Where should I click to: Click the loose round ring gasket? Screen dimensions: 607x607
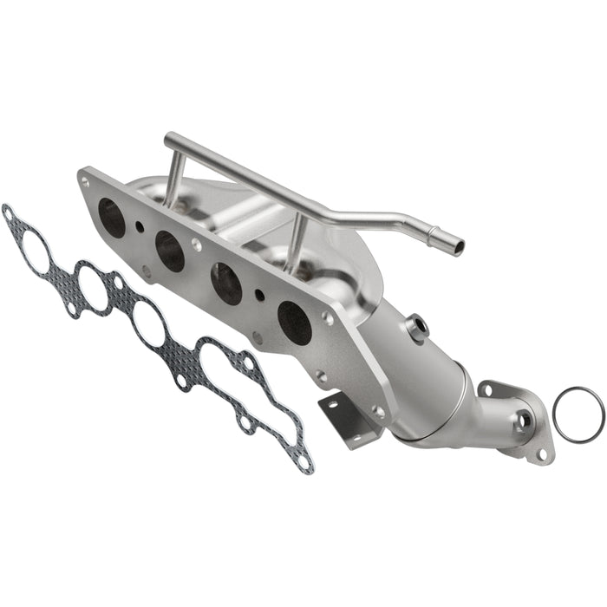click(x=578, y=415)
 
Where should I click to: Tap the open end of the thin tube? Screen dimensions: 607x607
click(x=457, y=247)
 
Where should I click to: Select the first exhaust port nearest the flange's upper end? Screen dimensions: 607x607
click(x=112, y=217)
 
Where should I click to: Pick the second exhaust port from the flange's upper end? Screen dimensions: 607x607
click(x=170, y=251)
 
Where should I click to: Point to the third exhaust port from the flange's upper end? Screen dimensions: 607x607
click(x=227, y=284)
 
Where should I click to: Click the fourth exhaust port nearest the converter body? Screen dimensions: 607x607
click(x=295, y=323)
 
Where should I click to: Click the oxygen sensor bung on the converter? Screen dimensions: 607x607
click(x=417, y=326)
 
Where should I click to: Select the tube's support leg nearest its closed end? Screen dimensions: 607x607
click(x=173, y=178)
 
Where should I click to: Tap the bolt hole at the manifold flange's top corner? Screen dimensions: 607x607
click(x=85, y=182)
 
